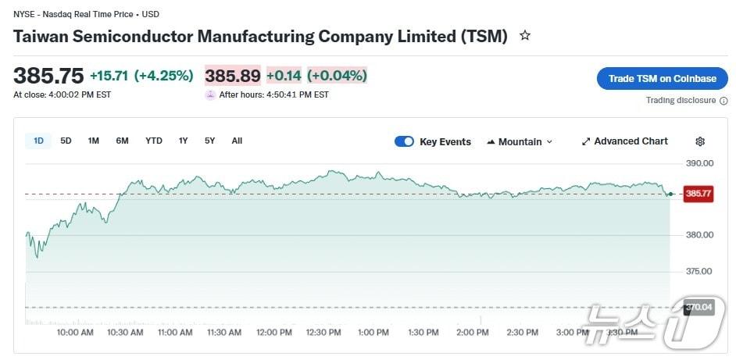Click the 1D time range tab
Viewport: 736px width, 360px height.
(38, 141)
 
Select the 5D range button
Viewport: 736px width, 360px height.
(66, 141)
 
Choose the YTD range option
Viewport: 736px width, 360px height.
(154, 141)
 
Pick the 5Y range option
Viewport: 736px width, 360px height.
(210, 141)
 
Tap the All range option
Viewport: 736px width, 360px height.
(237, 141)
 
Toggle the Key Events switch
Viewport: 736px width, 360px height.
(404, 141)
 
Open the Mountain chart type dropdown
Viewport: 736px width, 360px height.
(520, 141)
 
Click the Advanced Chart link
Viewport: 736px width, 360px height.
(625, 141)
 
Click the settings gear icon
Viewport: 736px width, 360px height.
(700, 141)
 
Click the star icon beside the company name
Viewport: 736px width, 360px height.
(525, 36)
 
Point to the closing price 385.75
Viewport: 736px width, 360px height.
(48, 76)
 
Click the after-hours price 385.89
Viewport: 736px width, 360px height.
(233, 76)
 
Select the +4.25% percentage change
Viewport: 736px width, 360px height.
(163, 76)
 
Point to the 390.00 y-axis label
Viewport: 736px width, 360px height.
(699, 163)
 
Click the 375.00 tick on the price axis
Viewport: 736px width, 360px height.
(699, 271)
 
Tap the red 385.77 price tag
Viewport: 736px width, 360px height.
(698, 194)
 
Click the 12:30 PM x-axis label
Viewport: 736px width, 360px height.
(323, 333)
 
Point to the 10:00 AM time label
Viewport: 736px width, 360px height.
(75, 333)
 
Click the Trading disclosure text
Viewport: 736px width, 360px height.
(681, 100)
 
